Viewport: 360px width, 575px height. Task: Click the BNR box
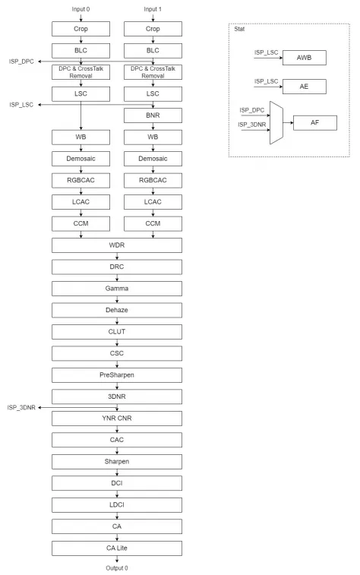(x=153, y=116)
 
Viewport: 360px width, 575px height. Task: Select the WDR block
(x=118, y=246)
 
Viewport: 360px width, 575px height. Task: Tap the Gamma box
(x=118, y=289)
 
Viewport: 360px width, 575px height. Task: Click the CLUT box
(x=118, y=331)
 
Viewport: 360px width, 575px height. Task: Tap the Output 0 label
(x=118, y=567)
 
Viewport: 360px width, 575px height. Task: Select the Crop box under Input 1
(x=153, y=30)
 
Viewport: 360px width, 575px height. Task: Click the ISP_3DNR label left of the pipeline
(x=21, y=406)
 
